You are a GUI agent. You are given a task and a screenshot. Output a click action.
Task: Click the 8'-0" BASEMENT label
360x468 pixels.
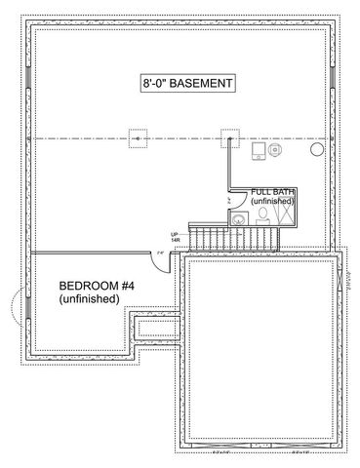point(185,85)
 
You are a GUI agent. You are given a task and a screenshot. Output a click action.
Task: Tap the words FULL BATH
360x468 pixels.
point(272,192)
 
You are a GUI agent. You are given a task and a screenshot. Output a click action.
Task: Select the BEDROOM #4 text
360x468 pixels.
point(93,286)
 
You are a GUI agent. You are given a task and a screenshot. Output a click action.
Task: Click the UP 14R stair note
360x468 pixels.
point(176,237)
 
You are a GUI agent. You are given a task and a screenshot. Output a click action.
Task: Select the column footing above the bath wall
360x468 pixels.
point(230,138)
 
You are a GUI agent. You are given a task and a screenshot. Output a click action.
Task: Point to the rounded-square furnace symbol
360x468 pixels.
point(256,152)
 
